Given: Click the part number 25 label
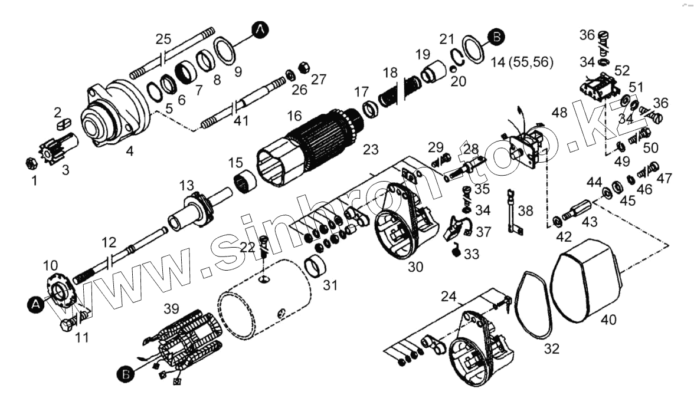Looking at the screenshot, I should coord(163,40).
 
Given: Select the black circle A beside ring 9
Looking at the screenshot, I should coord(260,29).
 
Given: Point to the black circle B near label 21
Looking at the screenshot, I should coord(496,37).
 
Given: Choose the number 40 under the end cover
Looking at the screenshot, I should coord(609,320).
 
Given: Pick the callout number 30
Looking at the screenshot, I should coord(415,266).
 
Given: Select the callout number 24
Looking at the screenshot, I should coord(450,297).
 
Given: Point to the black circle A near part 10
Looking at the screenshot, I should coord(35,304).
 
